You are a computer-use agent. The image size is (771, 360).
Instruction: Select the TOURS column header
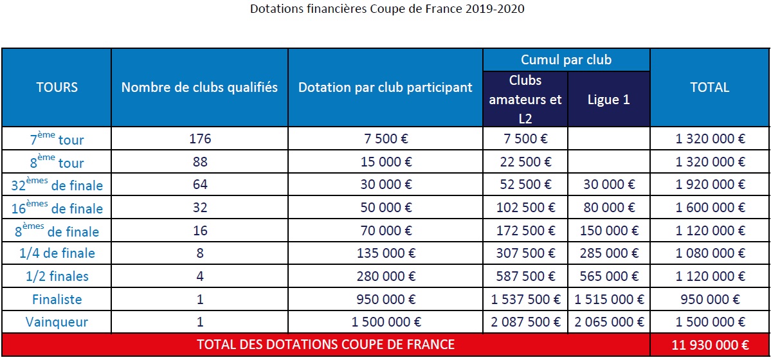pyautogui.click(x=57, y=87)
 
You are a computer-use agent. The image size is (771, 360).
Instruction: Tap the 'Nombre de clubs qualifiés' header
pyautogui.click(x=199, y=87)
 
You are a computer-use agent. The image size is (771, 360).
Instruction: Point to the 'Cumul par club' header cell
pyautogui.click(x=566, y=60)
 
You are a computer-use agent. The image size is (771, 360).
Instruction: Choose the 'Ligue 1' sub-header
pyautogui.click(x=608, y=100)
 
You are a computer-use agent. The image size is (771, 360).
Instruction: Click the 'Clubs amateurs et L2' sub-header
pyautogui.click(x=525, y=100)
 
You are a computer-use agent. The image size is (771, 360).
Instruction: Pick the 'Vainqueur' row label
pyautogui.click(x=57, y=322)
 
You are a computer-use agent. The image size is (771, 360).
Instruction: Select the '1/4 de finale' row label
pyautogui.click(x=57, y=253)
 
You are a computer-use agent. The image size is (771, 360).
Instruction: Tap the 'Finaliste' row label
pyautogui.click(x=57, y=299)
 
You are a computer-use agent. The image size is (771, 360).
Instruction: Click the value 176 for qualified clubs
pyautogui.click(x=199, y=139)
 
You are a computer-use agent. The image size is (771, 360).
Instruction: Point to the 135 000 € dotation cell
pyautogui.click(x=385, y=253)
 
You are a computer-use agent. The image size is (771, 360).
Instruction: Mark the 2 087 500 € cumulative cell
pyautogui.click(x=525, y=322)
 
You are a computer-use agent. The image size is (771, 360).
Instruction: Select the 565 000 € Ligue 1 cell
pyautogui.click(x=608, y=276)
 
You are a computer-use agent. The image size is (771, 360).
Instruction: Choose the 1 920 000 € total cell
pyautogui.click(x=709, y=184)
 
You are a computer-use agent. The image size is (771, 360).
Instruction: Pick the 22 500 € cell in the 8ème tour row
pyautogui.click(x=525, y=162)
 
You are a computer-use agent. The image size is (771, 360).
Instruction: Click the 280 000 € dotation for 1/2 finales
pyautogui.click(x=385, y=276)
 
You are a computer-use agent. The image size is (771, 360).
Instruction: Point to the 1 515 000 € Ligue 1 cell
pyautogui.click(x=608, y=299)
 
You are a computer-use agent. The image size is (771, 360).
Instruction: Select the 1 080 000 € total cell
pyautogui.click(x=709, y=253)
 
